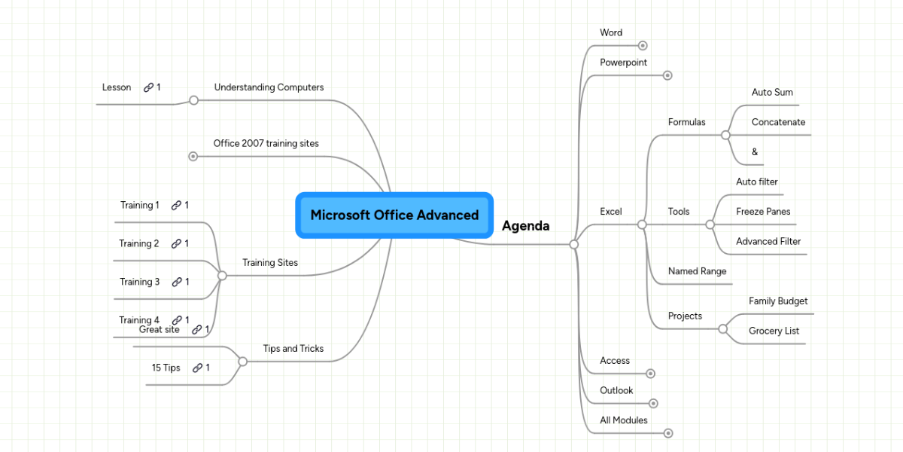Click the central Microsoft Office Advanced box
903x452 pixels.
tap(394, 215)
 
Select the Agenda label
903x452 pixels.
tap(525, 226)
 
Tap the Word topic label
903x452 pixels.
tap(610, 33)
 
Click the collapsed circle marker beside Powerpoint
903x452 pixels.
tap(667, 75)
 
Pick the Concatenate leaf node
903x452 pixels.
tap(778, 122)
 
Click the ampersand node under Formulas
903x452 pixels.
tap(755, 152)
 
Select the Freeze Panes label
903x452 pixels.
tap(763, 212)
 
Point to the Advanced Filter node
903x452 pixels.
tap(768, 242)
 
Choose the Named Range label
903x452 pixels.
tap(697, 271)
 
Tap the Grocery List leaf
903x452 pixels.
tap(774, 331)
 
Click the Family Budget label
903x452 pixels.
tap(778, 301)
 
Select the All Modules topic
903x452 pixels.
tap(623, 420)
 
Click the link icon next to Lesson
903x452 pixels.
tap(148, 87)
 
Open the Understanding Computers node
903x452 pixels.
tap(269, 87)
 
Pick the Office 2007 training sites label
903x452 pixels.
tap(266, 143)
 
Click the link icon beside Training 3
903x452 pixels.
tap(177, 282)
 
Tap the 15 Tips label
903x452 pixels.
tap(166, 368)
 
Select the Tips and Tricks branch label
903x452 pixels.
tap(293, 349)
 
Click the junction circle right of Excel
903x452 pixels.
tap(642, 224)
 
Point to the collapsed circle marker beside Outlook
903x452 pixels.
tap(653, 403)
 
